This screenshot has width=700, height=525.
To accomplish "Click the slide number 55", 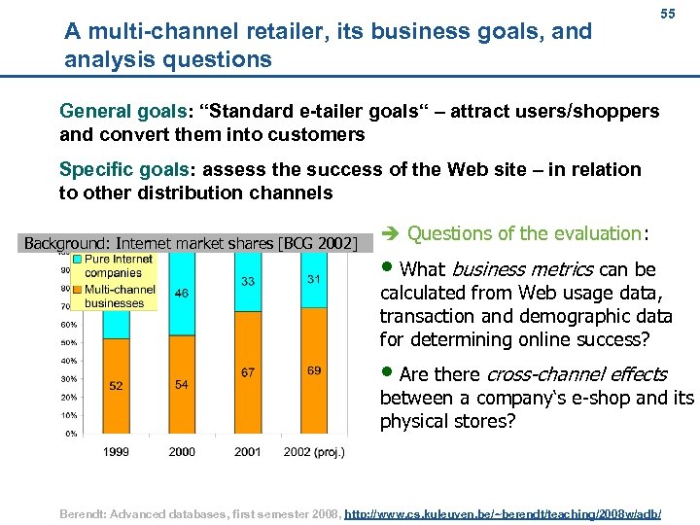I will coord(667,15).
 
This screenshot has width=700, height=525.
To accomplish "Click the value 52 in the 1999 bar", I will coord(116,386).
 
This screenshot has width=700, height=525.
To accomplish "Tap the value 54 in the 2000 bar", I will coord(181,385).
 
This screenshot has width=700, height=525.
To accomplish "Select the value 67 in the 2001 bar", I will coord(248,372).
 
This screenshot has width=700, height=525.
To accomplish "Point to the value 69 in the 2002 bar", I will coord(313,371).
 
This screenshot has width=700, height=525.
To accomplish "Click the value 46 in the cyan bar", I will coord(181,293).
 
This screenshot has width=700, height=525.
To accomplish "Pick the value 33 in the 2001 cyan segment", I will coord(248,282).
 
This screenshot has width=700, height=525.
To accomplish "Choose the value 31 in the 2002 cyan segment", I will coord(313,279).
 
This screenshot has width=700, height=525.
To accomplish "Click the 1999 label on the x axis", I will coord(117,452).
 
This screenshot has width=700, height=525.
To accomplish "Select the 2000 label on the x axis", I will coord(182,452).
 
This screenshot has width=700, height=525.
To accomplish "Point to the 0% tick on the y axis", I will coord(70,434).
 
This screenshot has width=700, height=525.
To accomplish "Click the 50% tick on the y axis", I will coord(69,342).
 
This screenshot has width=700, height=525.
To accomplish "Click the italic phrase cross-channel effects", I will coord(576,374).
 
